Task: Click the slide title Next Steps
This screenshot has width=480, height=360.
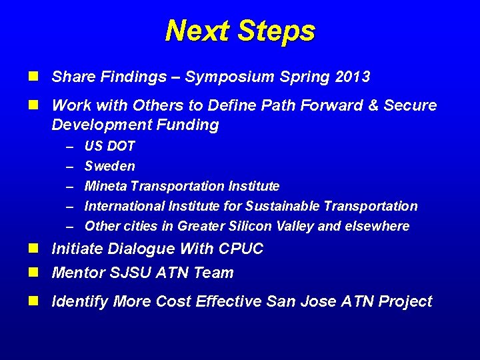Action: pos(240,31)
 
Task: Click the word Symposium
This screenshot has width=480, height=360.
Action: pos(220,77)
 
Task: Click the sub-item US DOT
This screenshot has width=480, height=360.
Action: pos(109,146)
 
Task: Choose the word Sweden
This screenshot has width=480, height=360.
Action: pos(109,166)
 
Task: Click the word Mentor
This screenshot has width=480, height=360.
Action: pos(74,273)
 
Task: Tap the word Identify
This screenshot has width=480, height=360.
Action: pos(79,302)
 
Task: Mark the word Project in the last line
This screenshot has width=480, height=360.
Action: pos(405,302)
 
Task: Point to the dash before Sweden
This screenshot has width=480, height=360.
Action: pos(70,166)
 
